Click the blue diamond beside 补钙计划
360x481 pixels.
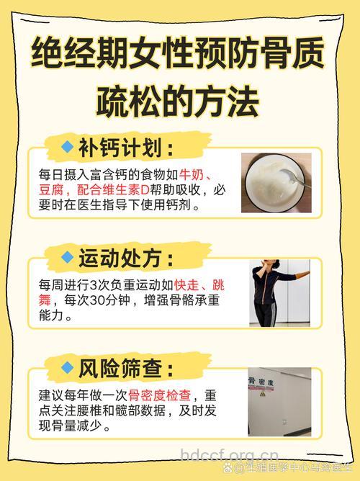(68, 147)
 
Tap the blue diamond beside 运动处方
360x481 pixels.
(68, 256)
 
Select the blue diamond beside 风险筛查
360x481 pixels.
(68, 368)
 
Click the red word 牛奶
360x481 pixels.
(192, 176)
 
